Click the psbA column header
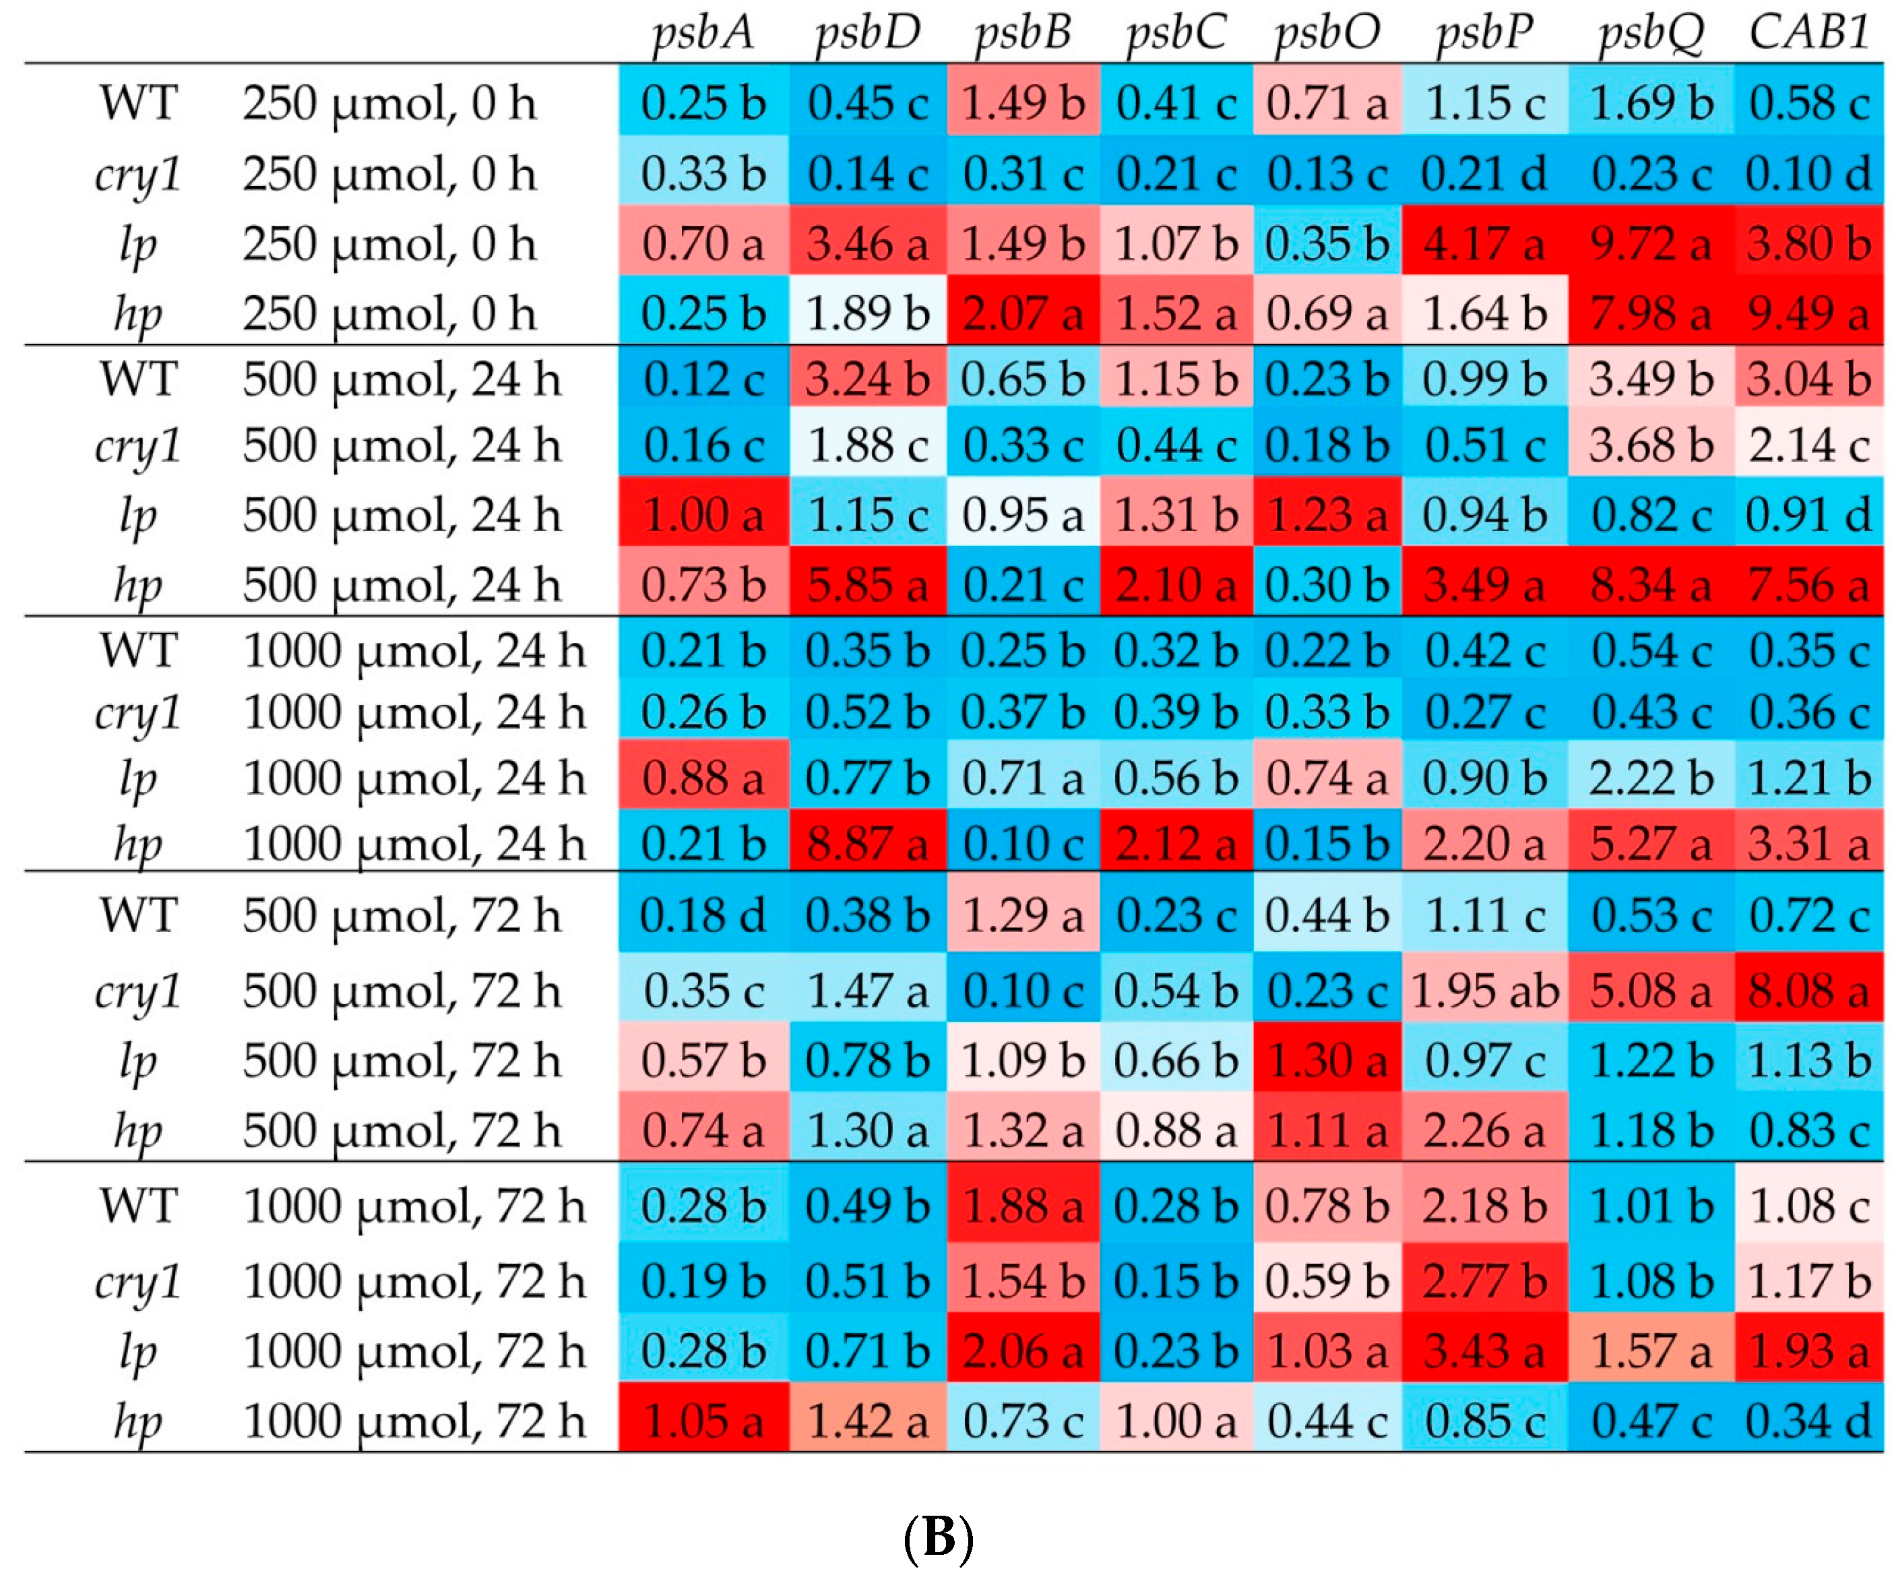(x=703, y=32)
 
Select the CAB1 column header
(x=1809, y=32)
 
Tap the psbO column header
(x=1326, y=32)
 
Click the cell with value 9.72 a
(x=1651, y=243)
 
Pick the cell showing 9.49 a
(x=1809, y=313)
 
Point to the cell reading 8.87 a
(x=866, y=844)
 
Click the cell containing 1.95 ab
(x=1485, y=991)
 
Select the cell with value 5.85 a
(x=866, y=585)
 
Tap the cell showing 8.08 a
(x=1809, y=991)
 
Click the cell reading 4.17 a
(x=1485, y=243)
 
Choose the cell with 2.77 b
(x=1485, y=1281)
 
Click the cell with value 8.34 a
(x=1651, y=585)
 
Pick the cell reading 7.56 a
(x=1809, y=585)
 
